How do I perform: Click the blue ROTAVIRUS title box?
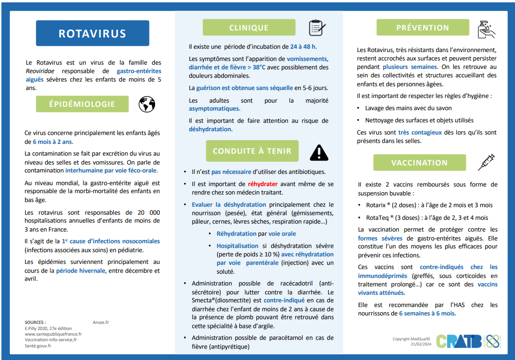92,34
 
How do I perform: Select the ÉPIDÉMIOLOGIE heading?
82,104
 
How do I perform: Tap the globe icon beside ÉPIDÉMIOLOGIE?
147,104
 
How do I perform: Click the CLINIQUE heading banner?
249,28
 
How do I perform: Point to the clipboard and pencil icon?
317,28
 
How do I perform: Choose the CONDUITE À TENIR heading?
252,151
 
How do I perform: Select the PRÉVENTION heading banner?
423,28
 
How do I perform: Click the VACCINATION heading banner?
419,163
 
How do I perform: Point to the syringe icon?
486,162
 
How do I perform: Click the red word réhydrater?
263,184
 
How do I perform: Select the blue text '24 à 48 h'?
303,46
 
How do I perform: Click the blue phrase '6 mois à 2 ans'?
52,142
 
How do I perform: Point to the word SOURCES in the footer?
35,322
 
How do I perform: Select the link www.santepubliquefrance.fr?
53,334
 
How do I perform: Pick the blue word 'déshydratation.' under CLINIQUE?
210,129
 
